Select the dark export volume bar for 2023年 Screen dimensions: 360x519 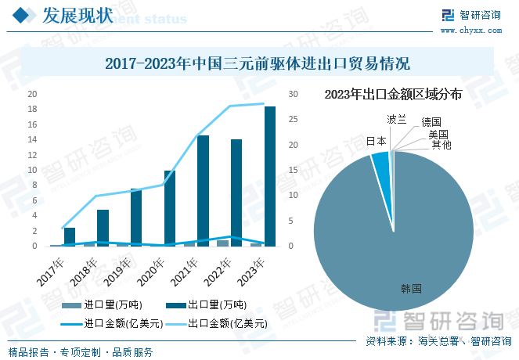point(270,176)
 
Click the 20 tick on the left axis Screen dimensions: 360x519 point(33,94)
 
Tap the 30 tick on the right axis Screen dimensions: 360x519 point(293,94)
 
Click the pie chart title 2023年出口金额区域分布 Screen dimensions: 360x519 point(393,95)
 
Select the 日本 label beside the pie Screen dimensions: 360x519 point(377,142)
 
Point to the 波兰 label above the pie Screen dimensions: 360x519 point(397,119)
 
